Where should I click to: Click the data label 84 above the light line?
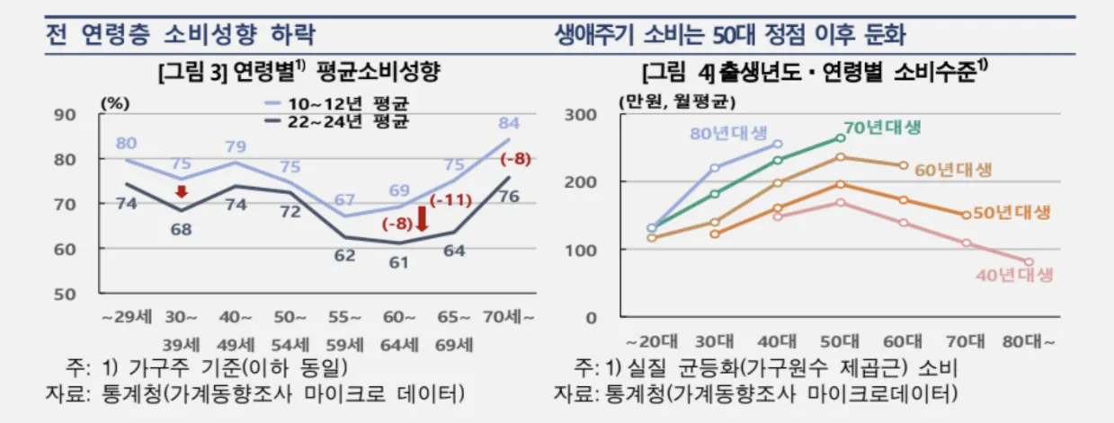(509, 122)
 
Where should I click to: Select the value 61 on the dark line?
(399, 263)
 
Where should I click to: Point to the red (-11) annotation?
(451, 199)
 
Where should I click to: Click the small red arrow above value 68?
(181, 191)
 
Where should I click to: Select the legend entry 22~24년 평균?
(337, 120)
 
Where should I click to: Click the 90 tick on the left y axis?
(65, 114)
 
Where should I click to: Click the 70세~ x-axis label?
(510, 318)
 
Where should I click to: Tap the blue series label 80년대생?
(730, 134)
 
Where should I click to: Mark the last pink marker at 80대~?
(1029, 262)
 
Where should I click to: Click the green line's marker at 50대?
(841, 137)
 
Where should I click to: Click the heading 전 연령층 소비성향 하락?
(180, 36)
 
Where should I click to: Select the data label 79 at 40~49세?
(236, 146)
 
